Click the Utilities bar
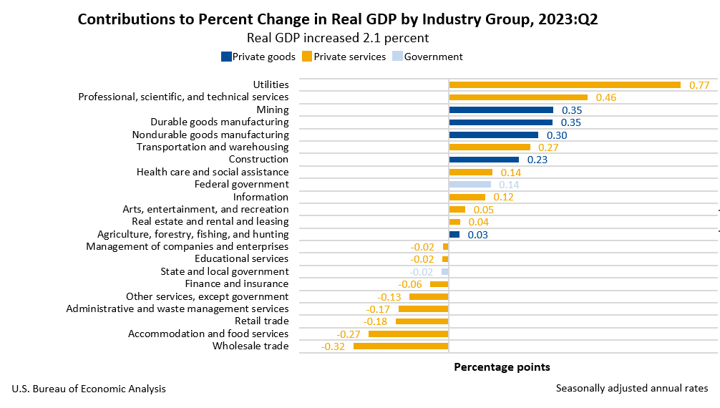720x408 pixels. [x=564, y=84]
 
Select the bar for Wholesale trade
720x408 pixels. [x=401, y=346]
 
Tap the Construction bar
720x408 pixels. [x=484, y=160]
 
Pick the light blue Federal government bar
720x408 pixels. [x=470, y=185]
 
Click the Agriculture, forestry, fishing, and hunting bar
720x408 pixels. [x=454, y=234]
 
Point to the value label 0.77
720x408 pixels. [x=699, y=85]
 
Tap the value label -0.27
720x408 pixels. [x=349, y=334]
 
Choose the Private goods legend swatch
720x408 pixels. [x=225, y=57]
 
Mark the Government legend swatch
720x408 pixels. [x=398, y=57]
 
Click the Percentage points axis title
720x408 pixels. [x=502, y=367]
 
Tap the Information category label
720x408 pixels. [x=261, y=197]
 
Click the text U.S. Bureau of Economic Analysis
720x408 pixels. [x=89, y=389]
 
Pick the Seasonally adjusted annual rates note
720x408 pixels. [x=631, y=389]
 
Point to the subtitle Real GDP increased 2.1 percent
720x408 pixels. [x=337, y=37]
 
